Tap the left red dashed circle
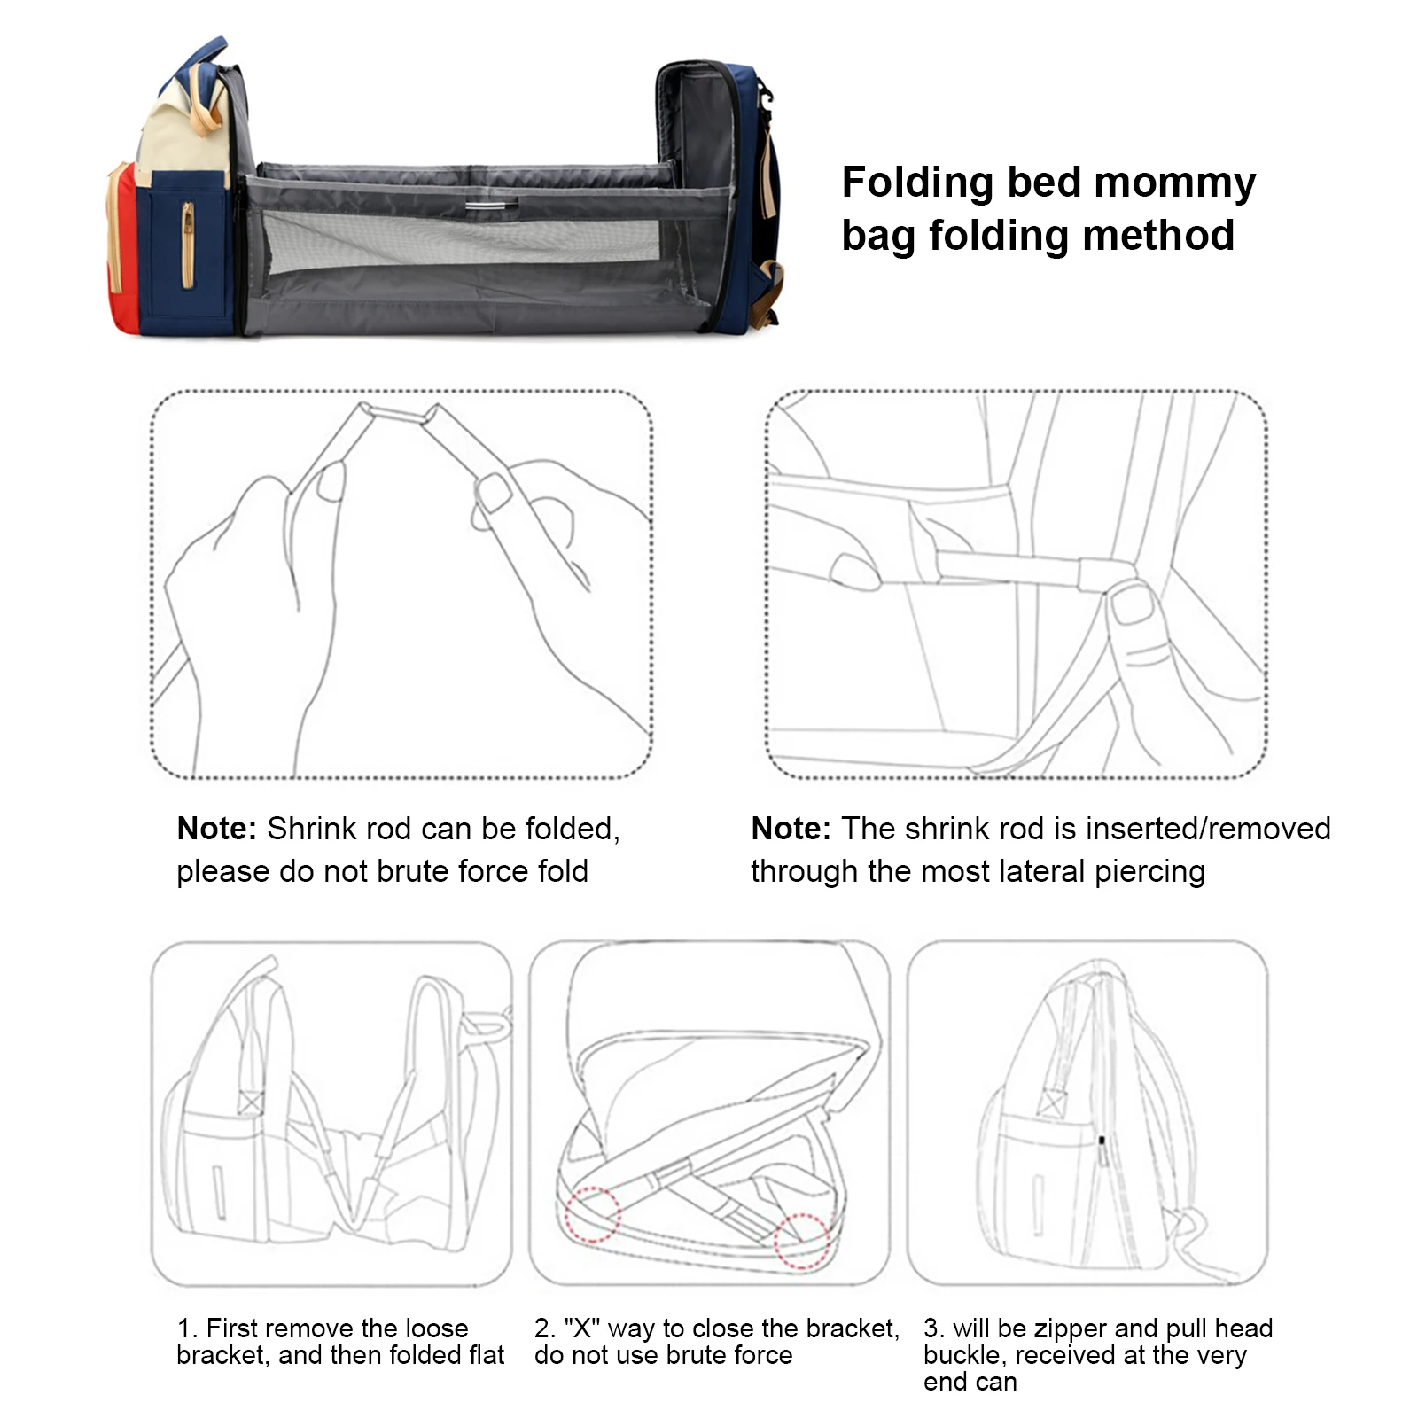tap(591, 1213)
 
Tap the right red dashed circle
tap(801, 1242)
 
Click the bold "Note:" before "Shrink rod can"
tap(216, 829)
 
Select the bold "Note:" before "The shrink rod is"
tap(791, 829)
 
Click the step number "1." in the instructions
tap(187, 1328)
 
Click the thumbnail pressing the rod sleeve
tap(1133, 605)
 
